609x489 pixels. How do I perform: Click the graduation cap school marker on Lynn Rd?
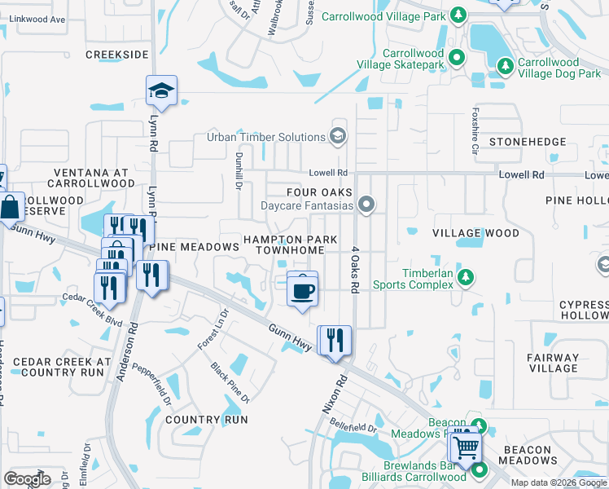click(161, 91)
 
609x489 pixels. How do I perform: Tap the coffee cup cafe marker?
click(303, 289)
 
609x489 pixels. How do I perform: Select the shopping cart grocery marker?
click(465, 446)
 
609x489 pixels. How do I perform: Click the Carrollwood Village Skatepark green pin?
click(458, 57)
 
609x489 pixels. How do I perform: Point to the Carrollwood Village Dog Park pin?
click(506, 64)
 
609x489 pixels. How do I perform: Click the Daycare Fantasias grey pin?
click(367, 205)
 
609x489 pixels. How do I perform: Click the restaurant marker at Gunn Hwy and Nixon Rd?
click(335, 339)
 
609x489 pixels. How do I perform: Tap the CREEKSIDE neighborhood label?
click(117, 55)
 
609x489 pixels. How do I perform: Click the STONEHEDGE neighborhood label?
click(527, 142)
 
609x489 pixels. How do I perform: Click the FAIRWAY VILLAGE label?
click(553, 363)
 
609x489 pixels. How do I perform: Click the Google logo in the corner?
click(27, 478)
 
